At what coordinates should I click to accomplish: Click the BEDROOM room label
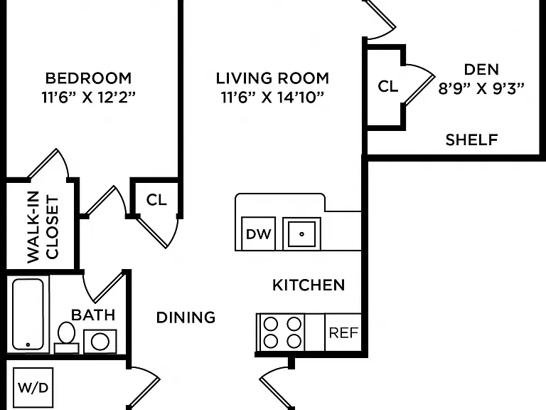click(88, 78)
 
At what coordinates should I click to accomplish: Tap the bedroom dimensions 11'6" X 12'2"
click(88, 97)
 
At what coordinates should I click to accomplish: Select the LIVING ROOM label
click(272, 78)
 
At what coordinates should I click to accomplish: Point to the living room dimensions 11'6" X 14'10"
click(272, 97)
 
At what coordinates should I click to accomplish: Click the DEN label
click(481, 69)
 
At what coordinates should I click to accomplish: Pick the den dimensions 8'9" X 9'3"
click(481, 88)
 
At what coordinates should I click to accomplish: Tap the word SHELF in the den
click(471, 140)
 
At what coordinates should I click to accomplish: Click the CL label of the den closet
click(387, 85)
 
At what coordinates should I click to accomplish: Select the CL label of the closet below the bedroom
click(156, 200)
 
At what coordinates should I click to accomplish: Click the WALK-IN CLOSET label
click(43, 227)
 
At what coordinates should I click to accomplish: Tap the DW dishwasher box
click(258, 233)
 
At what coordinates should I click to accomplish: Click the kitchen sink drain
click(301, 234)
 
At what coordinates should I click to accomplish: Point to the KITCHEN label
click(309, 285)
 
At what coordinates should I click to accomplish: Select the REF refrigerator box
click(343, 332)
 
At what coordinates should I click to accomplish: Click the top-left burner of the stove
click(271, 325)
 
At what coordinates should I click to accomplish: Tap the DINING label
click(186, 317)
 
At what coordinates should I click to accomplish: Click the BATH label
click(93, 315)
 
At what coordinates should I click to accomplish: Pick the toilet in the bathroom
click(66, 337)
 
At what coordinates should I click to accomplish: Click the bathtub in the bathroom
click(28, 314)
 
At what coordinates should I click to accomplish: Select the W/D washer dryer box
click(33, 387)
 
